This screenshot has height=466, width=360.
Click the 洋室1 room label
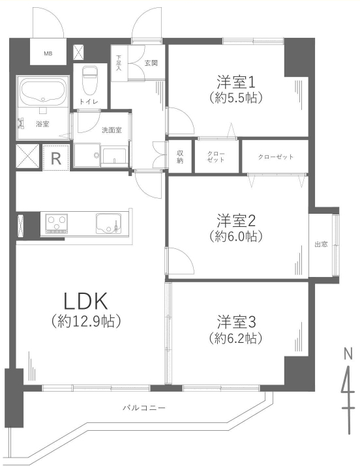click(x=235, y=82)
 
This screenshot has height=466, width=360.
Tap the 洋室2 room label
click(x=235, y=220)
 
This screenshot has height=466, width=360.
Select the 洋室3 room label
click(x=235, y=322)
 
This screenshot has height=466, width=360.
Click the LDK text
click(x=85, y=301)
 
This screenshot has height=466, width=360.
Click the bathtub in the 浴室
click(x=43, y=91)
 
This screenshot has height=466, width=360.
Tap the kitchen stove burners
click(x=57, y=223)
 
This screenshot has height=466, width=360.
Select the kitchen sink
click(x=109, y=223)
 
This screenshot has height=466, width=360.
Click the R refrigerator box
click(x=56, y=158)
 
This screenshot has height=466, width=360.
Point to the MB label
click(x=48, y=54)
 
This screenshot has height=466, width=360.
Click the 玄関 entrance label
click(x=151, y=63)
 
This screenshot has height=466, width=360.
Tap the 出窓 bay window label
click(x=321, y=244)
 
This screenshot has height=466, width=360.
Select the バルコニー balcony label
click(x=144, y=407)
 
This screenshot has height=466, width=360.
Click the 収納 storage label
click(x=180, y=156)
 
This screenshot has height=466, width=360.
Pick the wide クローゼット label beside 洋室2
click(x=276, y=157)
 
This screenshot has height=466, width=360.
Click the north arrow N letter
click(x=348, y=354)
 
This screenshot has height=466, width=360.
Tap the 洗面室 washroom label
click(x=112, y=130)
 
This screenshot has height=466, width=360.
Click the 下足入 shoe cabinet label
click(x=119, y=63)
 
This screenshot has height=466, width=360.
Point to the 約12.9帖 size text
click(x=86, y=321)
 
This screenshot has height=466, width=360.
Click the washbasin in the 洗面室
click(x=114, y=155)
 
